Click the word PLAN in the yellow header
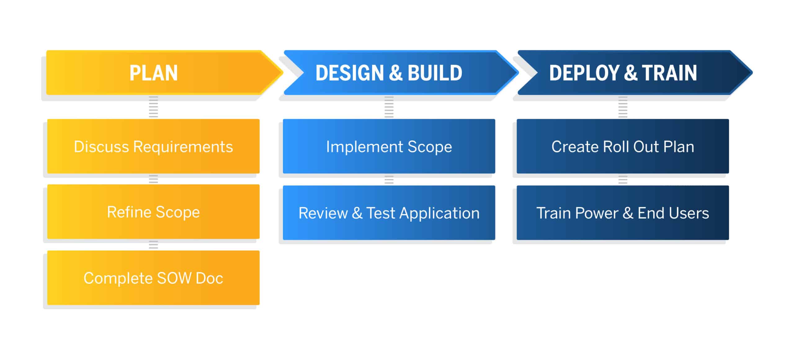pos(154,73)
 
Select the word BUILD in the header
pos(435,73)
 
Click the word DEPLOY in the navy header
pos(584,73)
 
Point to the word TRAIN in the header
pos(669,73)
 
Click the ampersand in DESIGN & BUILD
pos(396,73)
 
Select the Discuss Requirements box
pos(153,146)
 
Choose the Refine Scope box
pos(153,212)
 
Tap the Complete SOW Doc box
pos(153,278)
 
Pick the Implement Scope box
pos(389,146)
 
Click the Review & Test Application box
pos(389,213)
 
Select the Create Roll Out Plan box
pos(623,146)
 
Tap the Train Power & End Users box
pos(623,213)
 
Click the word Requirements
pos(183,147)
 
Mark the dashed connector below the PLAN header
pos(153,107)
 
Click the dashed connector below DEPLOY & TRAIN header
pos(623,107)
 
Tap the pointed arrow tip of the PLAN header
pos(283,73)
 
